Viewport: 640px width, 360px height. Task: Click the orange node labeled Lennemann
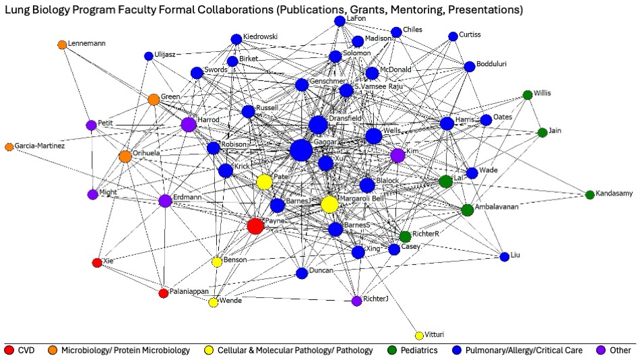click(x=62, y=44)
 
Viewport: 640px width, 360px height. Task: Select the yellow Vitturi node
click(x=419, y=336)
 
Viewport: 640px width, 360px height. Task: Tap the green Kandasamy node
click(x=589, y=195)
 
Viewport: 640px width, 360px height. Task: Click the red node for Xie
click(x=97, y=262)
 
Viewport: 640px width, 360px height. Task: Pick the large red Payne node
click(x=255, y=226)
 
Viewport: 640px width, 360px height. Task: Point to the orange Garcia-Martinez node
click(x=9, y=146)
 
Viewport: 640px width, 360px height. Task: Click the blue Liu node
click(x=505, y=256)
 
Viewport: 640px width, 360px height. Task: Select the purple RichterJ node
click(x=357, y=301)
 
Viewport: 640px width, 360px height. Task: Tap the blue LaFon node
click(x=340, y=22)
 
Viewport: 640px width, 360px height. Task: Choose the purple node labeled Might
click(x=92, y=194)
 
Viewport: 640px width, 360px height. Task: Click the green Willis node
click(x=527, y=95)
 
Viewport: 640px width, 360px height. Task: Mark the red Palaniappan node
click(x=163, y=293)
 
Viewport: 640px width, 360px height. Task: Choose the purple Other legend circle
click(x=603, y=350)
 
